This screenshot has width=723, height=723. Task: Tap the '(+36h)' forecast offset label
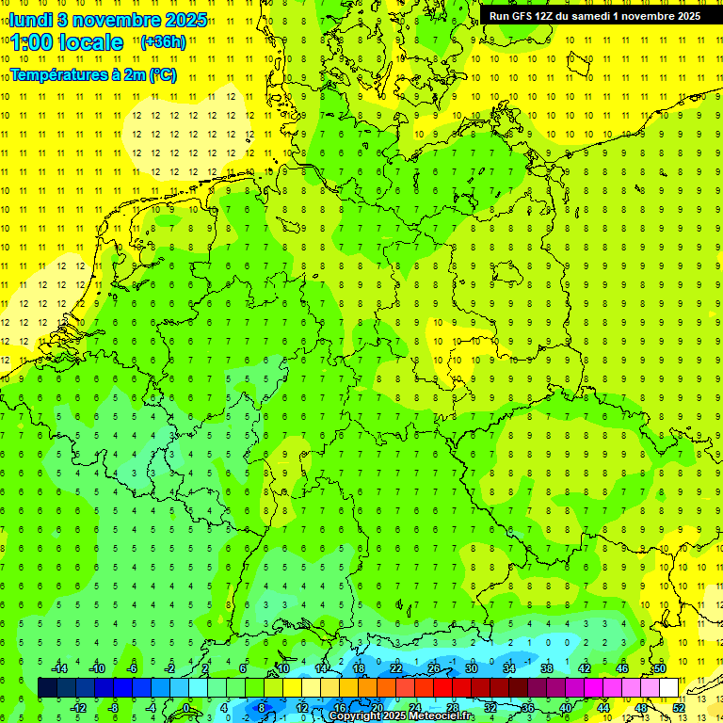click(x=162, y=42)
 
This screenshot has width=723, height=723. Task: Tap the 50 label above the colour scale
click(x=660, y=668)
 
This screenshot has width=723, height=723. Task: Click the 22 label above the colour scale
click(x=396, y=668)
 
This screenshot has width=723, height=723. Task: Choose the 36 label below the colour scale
click(x=528, y=708)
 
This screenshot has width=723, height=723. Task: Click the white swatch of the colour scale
click(x=668, y=688)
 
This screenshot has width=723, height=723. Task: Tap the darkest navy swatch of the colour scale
click(x=47, y=688)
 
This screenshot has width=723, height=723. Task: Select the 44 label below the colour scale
click(x=603, y=708)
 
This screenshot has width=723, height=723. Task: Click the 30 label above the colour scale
click(x=472, y=668)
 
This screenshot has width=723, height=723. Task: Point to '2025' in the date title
click(x=183, y=20)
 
